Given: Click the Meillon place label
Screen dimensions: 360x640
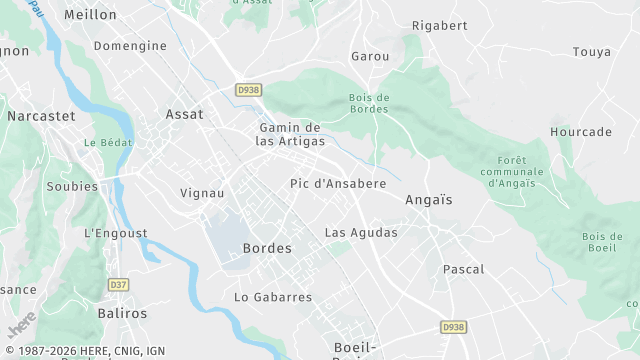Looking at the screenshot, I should point(90,15).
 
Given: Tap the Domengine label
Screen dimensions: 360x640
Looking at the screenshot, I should point(130,46).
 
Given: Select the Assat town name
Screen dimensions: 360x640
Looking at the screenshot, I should point(184,114).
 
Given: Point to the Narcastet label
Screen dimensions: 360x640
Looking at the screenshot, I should point(41,116).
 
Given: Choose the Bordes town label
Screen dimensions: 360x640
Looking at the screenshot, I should point(267,248).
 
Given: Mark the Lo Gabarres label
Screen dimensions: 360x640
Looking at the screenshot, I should point(273,297).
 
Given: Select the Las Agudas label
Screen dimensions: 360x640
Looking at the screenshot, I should point(361,232).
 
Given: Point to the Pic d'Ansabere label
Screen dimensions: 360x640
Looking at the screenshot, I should point(338,184).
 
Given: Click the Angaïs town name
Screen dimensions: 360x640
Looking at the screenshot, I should point(429,200).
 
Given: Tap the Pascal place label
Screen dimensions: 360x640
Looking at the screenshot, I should point(463,269).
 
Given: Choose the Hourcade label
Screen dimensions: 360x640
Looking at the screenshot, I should point(581,132).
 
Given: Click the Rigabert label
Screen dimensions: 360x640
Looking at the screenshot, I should point(440,24).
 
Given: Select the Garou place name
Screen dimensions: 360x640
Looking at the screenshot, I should point(370,57).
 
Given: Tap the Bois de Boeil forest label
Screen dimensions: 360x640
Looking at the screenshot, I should point(602,242).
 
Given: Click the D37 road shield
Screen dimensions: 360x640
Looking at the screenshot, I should point(119,285).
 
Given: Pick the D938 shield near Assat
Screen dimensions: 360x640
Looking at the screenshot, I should point(248,90).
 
